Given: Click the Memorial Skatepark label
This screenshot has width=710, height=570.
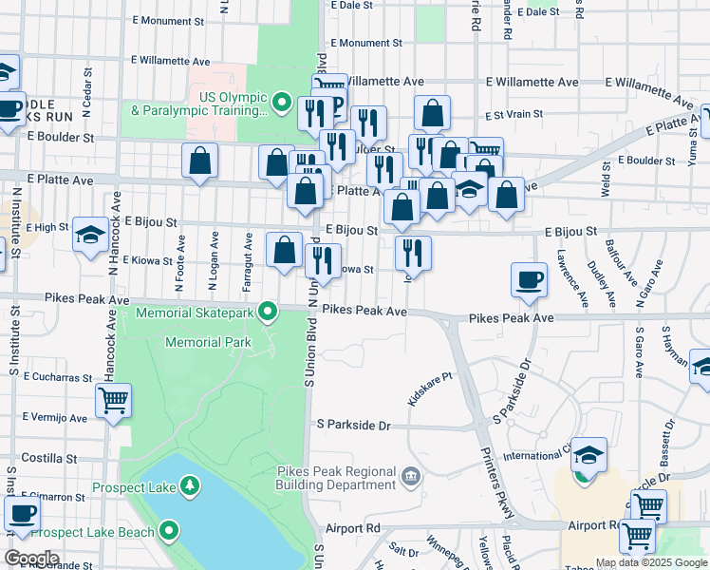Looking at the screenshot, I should tap(197, 312).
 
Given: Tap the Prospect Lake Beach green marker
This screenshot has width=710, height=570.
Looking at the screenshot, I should tap(170, 530).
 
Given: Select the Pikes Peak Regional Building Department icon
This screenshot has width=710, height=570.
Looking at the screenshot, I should tap(410, 475).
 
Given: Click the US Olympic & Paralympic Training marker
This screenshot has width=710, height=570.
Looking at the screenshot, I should tap(282, 101).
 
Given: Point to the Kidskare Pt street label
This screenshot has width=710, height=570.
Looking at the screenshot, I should tap(429, 389).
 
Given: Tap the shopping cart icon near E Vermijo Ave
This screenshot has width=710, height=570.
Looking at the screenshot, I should tap(113, 402).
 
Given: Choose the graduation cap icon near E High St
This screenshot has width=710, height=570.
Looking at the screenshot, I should tap(90, 234).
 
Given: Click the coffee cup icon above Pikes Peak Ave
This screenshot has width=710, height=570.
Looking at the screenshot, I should tap(529, 279).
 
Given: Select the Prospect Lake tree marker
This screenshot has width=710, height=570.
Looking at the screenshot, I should tap(191, 486).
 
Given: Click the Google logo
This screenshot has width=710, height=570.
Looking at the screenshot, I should tap(31, 558).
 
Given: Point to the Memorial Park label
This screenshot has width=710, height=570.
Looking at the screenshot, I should tap(208, 342).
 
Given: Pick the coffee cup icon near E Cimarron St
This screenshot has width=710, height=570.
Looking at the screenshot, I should tap(22, 514).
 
